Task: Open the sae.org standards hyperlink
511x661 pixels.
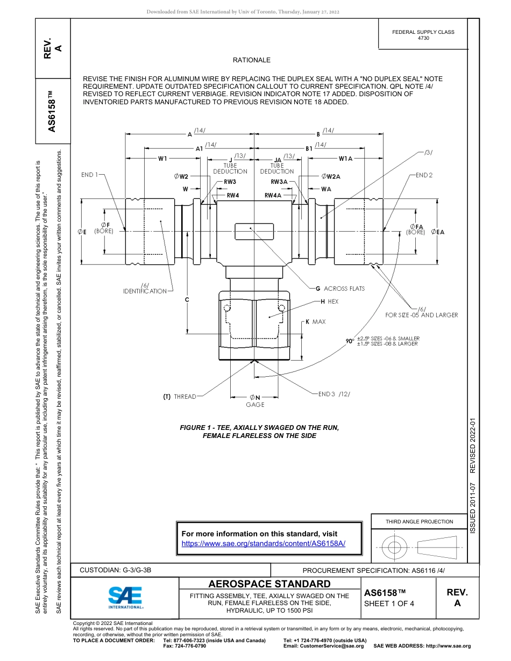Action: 263,543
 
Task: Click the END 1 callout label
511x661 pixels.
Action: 90,175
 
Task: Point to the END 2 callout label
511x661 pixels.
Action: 424,175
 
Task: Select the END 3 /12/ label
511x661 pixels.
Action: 333,394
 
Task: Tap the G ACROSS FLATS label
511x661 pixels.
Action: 340,289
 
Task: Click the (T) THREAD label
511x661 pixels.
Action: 180,397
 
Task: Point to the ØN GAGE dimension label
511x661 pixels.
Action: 255,401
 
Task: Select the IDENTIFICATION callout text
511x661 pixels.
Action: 145,291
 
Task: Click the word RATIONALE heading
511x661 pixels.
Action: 252,60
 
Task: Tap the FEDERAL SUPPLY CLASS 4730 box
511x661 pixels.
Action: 423,35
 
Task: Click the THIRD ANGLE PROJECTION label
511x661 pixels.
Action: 419,521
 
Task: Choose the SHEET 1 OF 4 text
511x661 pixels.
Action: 389,603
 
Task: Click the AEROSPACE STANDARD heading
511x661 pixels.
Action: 269,584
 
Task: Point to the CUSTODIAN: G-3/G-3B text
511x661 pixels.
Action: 119,570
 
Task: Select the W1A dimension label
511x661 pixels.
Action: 345,159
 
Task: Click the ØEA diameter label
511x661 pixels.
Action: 438,232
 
